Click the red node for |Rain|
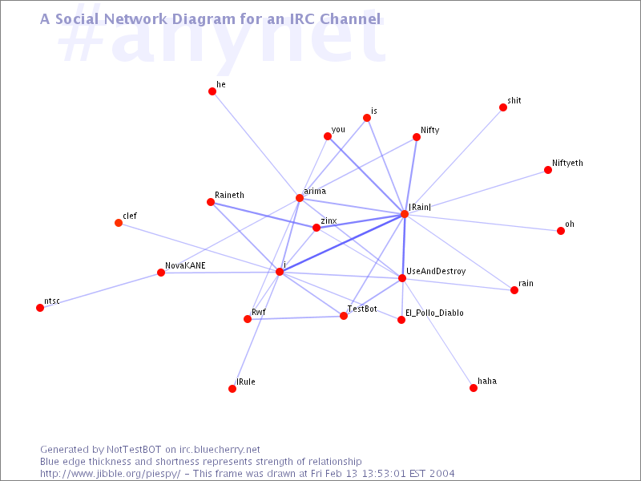[x=405, y=214]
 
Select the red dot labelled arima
[x=300, y=198]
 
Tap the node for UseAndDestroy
[x=402, y=278]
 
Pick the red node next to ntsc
[x=40, y=308]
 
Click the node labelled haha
[x=474, y=388]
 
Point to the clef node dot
[x=119, y=223]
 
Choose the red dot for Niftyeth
[x=548, y=170]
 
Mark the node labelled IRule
[x=232, y=389]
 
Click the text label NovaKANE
[x=185, y=265]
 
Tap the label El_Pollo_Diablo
[x=434, y=313]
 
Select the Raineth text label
[x=229, y=195]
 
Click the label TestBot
[x=362, y=309]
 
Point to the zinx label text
[x=329, y=221]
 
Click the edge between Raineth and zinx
[x=264, y=215]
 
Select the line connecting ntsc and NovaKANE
[x=101, y=290]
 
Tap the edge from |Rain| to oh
[x=482, y=223]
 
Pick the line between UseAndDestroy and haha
[x=437, y=333]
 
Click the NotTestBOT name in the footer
[x=134, y=450]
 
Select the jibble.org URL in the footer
[x=110, y=474]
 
